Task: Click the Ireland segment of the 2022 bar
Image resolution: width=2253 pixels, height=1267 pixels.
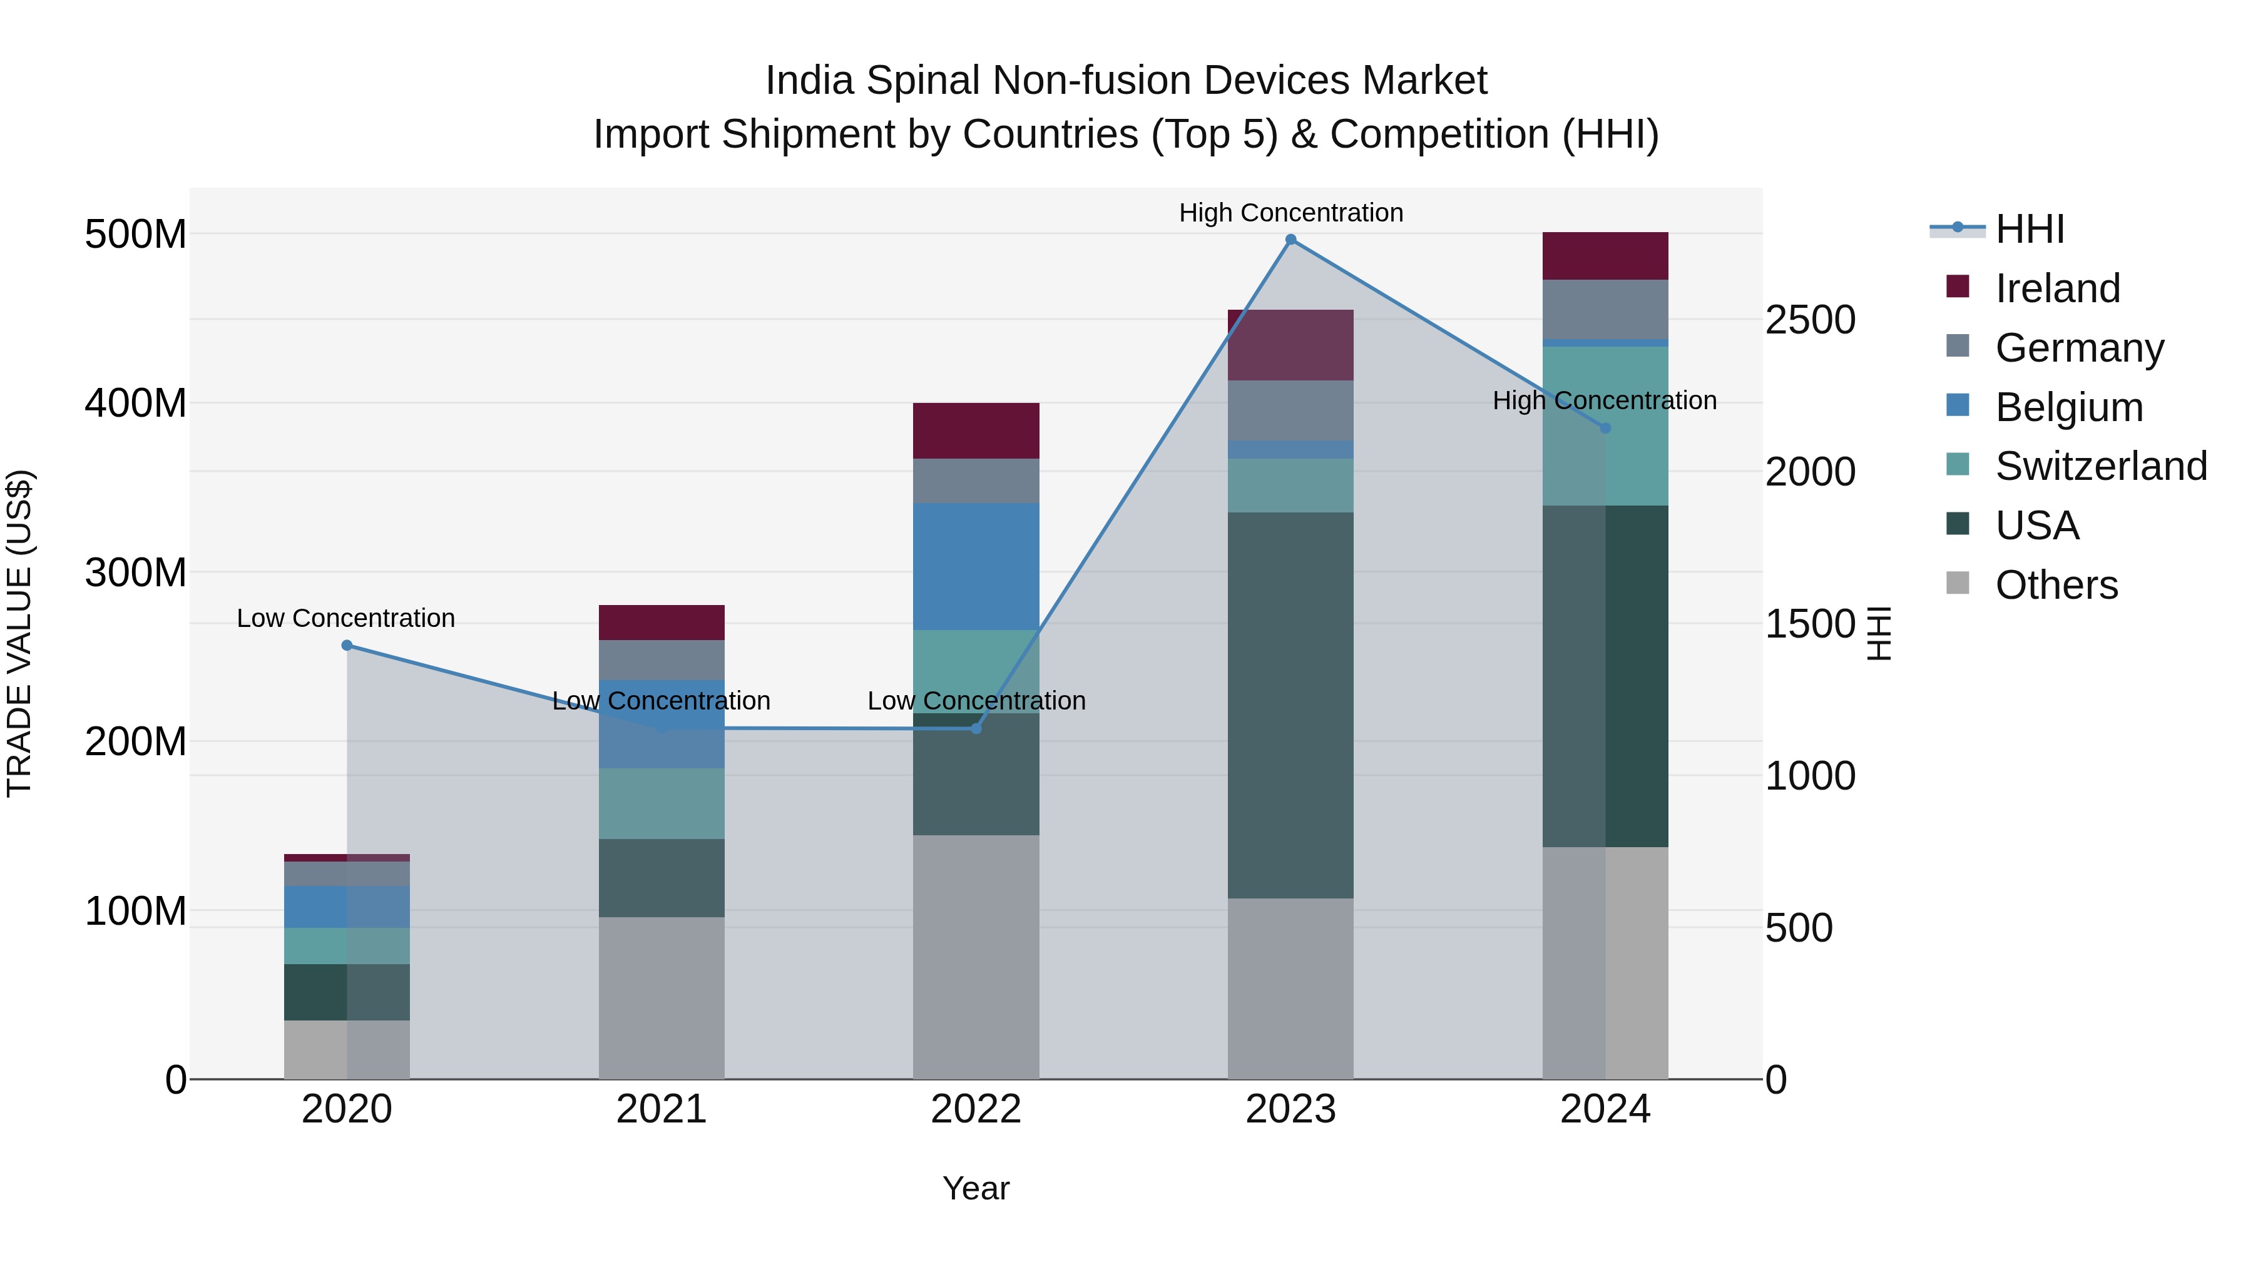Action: [976, 431]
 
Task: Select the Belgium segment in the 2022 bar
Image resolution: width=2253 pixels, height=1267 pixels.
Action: [976, 567]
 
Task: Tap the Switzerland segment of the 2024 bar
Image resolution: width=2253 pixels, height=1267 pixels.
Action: [1605, 426]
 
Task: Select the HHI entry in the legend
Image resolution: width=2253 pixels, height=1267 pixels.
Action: [2029, 229]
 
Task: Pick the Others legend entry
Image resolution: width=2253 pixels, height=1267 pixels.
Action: [2055, 585]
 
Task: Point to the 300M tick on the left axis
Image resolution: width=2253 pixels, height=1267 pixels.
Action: [136, 572]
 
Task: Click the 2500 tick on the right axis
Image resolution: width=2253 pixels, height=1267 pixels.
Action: [1809, 320]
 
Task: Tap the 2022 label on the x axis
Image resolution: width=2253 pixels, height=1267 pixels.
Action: [976, 1109]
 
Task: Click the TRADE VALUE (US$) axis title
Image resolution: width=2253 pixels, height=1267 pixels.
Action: [19, 633]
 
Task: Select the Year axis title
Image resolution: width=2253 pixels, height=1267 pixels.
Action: [976, 1188]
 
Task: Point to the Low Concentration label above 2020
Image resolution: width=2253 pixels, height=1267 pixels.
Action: [345, 618]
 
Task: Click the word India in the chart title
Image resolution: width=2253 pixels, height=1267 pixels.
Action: [809, 81]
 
